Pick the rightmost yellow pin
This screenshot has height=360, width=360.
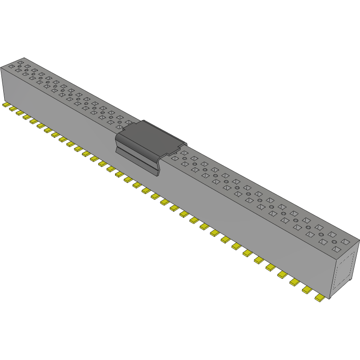[320, 297]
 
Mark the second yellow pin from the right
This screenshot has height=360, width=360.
[307, 290]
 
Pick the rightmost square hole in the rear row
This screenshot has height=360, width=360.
[346, 242]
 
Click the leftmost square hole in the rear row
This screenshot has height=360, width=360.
[21, 62]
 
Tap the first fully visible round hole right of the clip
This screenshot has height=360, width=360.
[185, 158]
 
